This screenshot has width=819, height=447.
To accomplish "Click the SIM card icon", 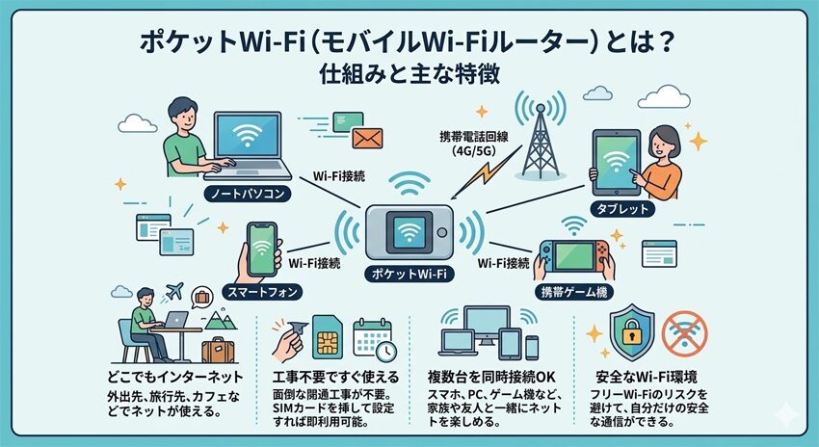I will pos(326,338).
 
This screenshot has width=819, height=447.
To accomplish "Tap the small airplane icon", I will pos(174,292).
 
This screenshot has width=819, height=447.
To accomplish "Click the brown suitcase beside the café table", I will pos(217,347).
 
